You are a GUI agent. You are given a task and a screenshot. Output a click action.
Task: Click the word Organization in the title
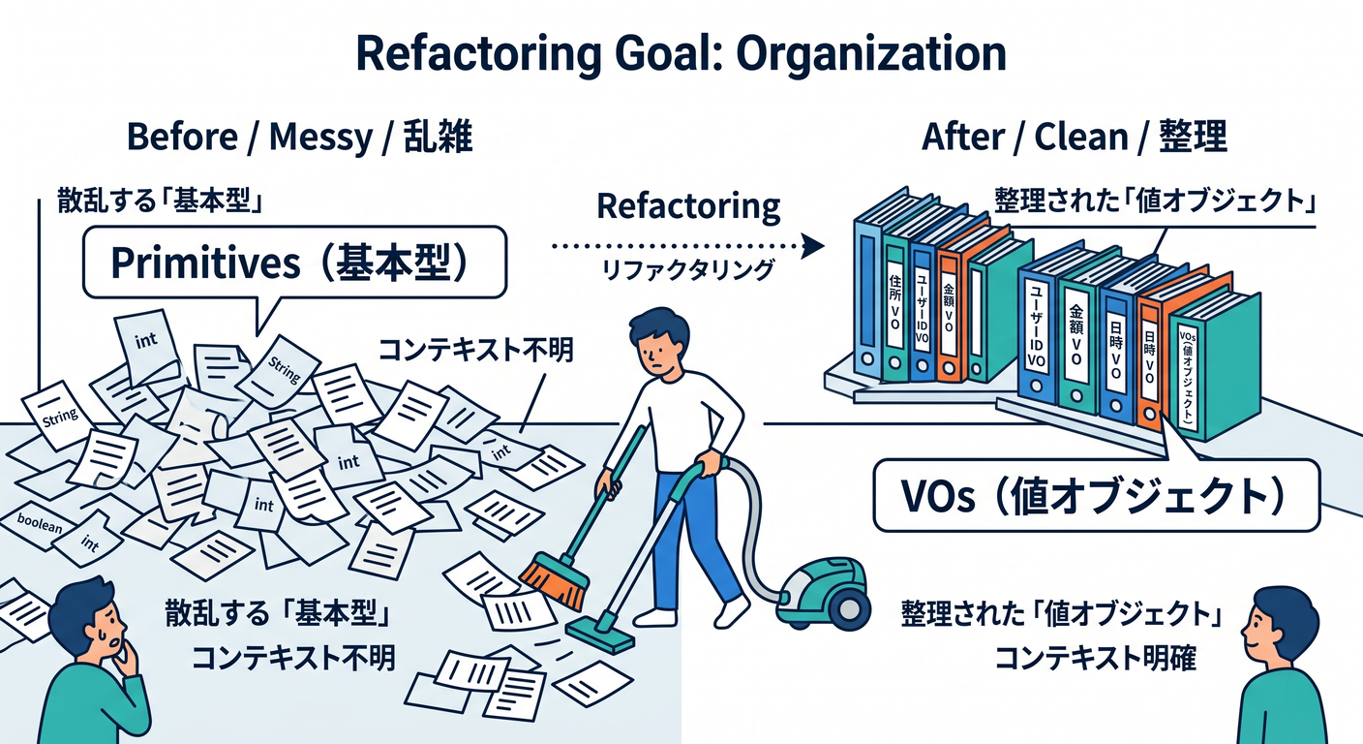(871, 56)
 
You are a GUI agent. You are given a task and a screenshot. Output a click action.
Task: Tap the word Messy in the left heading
(320, 138)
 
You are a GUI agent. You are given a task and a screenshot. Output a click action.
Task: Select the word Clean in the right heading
(1081, 137)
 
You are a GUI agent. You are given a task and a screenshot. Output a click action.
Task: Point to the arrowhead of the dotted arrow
(813, 246)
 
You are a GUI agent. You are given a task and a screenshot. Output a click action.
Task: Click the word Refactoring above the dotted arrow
(688, 207)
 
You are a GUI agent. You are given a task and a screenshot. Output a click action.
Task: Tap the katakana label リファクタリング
(688, 269)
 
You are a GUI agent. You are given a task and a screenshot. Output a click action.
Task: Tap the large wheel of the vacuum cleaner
(847, 608)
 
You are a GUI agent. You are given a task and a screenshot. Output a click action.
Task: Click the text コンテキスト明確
(1095, 658)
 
